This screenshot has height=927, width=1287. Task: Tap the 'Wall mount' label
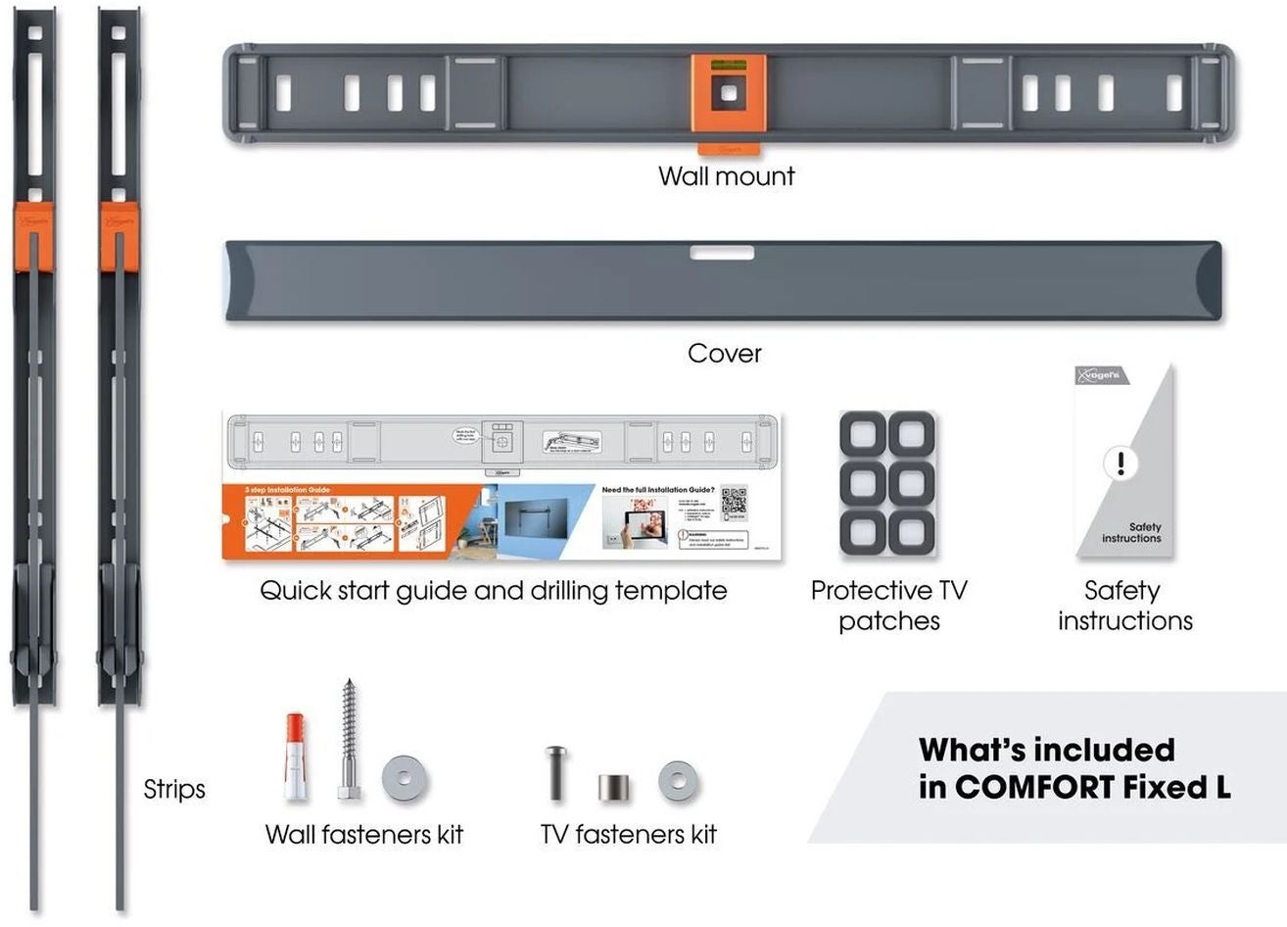(726, 176)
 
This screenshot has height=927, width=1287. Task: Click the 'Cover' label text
(724, 353)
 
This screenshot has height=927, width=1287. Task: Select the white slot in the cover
(722, 253)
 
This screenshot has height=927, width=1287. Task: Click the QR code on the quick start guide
(734, 502)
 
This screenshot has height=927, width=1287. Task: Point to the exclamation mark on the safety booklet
(1120, 463)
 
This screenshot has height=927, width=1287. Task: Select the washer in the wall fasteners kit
(405, 778)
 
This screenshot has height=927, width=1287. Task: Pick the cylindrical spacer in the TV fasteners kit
(614, 787)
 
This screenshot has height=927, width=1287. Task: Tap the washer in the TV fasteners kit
(678, 781)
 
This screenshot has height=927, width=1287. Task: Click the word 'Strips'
(174, 789)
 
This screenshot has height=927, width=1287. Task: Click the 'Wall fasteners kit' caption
(363, 835)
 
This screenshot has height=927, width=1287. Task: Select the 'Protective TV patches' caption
(888, 606)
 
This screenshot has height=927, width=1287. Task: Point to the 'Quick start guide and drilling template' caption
(493, 591)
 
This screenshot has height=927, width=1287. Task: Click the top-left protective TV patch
(864, 434)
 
